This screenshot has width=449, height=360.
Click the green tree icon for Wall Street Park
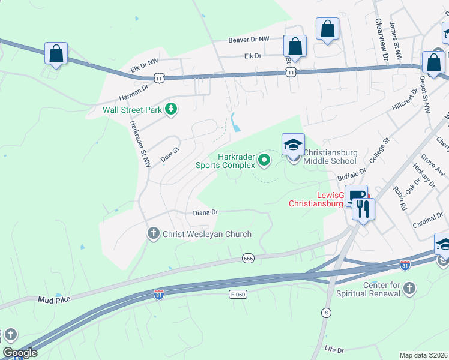coord(172,109)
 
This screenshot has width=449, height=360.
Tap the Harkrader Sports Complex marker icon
coord(264,160)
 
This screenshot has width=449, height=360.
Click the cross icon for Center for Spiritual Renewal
coord(408,289)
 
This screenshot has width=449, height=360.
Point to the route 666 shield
coord(248,258)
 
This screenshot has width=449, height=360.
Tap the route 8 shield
coord(327,312)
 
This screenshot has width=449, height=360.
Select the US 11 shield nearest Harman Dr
coord(158,78)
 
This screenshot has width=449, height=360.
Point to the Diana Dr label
coord(205,212)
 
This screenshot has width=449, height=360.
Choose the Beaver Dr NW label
coord(251,40)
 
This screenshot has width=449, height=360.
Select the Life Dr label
coord(334,349)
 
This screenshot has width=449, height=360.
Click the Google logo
coord(20,353)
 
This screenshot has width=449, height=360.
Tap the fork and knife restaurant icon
coord(363,208)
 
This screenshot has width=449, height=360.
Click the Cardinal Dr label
coord(427,224)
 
